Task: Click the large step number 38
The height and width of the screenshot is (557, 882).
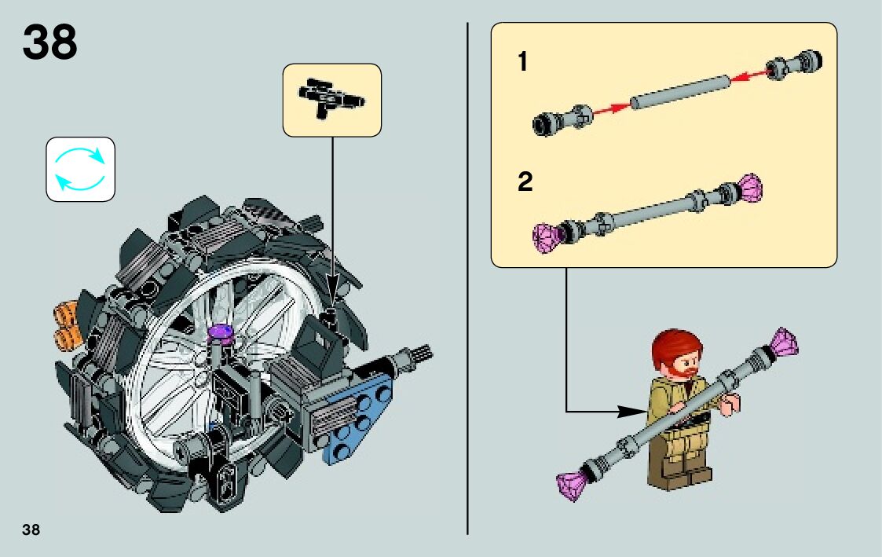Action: tap(50, 43)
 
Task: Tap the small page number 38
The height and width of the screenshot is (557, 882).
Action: tap(31, 529)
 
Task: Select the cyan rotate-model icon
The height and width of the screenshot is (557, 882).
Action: tap(80, 169)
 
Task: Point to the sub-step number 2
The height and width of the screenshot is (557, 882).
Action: tap(525, 183)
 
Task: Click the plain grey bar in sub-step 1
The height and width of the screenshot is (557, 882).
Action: tap(681, 90)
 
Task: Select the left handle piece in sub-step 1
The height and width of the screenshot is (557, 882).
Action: tap(561, 119)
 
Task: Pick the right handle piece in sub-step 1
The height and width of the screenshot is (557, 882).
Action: tap(797, 64)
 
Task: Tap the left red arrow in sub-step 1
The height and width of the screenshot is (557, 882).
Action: tap(611, 109)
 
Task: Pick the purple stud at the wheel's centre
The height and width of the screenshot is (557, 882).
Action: tap(221, 335)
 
